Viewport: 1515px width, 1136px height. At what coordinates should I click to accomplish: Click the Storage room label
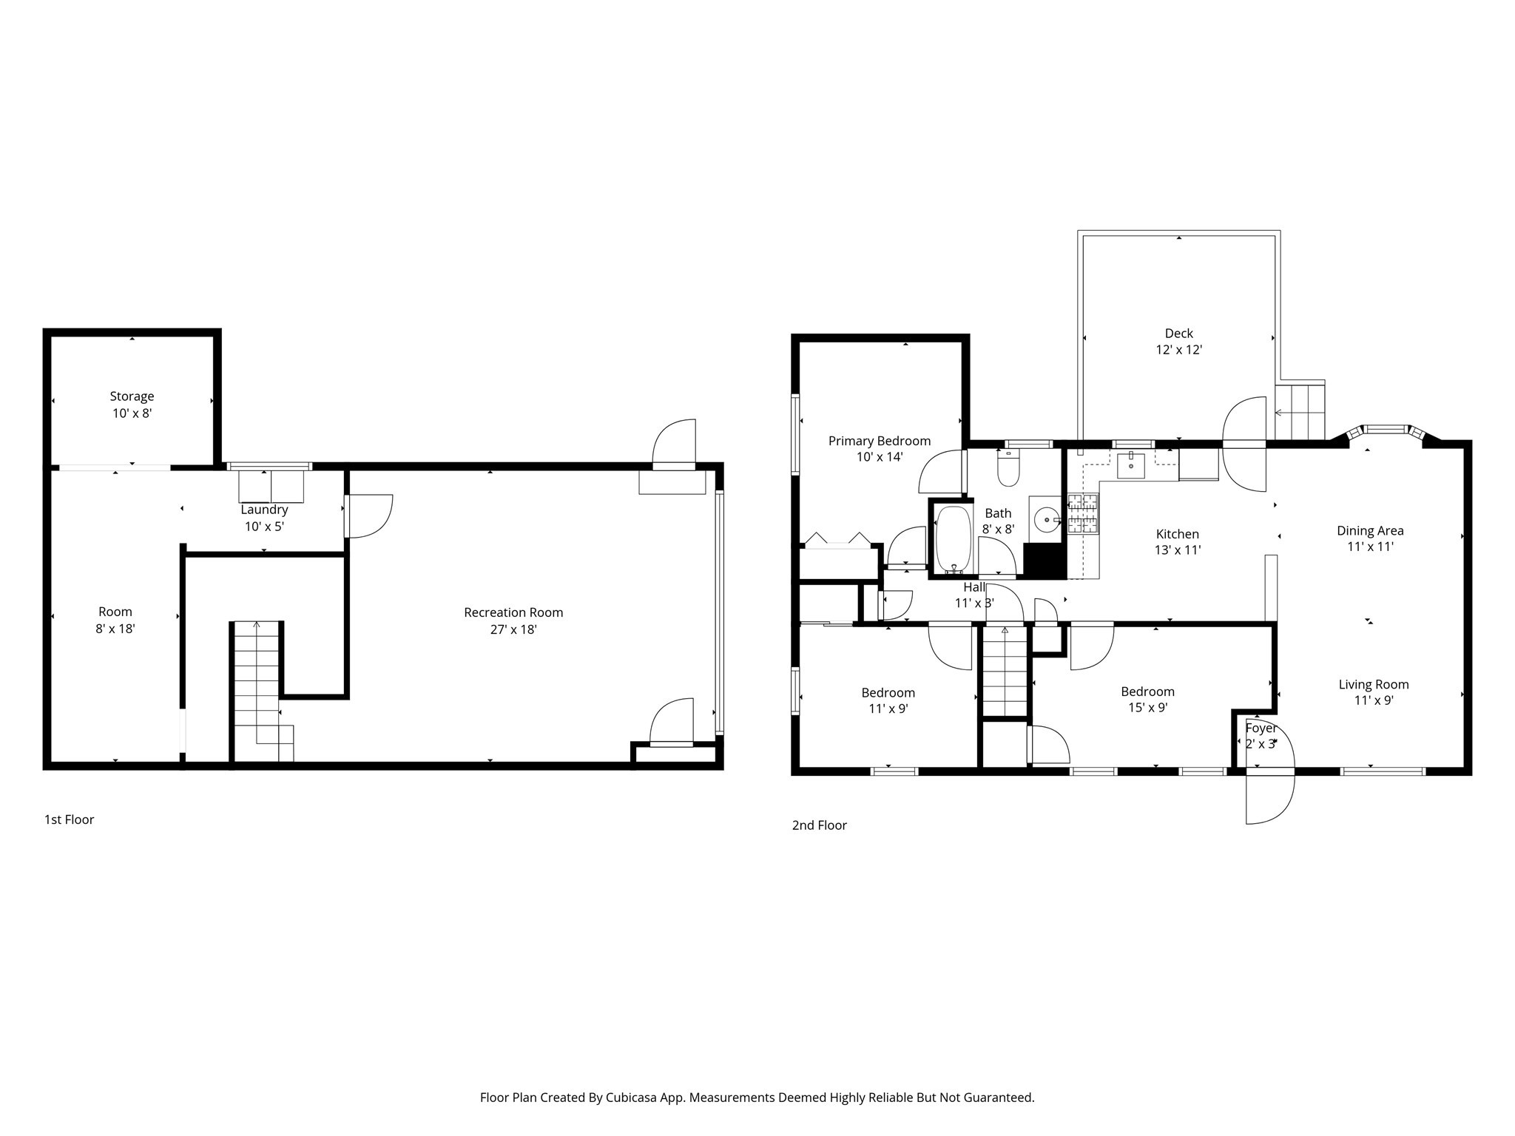tap(132, 396)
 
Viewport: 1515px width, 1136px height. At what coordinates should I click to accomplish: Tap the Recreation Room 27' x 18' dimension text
tap(513, 629)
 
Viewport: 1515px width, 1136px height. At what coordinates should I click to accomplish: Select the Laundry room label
tap(264, 510)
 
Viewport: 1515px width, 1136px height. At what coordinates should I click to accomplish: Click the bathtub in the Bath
tap(954, 538)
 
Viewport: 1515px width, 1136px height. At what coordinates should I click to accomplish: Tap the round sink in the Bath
tap(1047, 519)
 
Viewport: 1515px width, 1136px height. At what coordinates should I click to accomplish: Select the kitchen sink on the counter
tap(1131, 465)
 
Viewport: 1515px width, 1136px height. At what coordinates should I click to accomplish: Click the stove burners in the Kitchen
tap(1083, 513)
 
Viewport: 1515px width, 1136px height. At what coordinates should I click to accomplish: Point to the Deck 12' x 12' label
tap(1178, 342)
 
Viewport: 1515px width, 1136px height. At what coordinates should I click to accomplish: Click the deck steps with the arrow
tap(1300, 412)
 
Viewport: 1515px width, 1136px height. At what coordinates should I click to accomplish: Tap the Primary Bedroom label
tap(879, 441)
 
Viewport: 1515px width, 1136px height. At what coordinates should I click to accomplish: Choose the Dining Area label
tap(1369, 530)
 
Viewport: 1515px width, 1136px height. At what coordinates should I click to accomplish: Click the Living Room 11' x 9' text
tap(1374, 700)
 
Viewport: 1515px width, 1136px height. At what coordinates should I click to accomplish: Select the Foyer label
tap(1261, 728)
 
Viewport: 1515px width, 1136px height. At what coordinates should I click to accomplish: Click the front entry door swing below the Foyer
tap(1269, 798)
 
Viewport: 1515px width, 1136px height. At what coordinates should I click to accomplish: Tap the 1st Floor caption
tap(70, 819)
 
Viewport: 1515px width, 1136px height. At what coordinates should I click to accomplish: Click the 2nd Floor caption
tap(819, 825)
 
